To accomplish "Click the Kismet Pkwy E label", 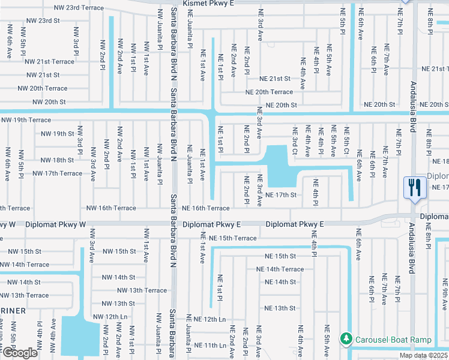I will pyautogui.click(x=201, y=4).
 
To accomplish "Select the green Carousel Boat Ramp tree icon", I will pyautogui.click(x=346, y=340).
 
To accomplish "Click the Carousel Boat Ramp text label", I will pyautogui.click(x=393, y=340).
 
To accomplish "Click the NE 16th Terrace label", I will pyautogui.click(x=210, y=208).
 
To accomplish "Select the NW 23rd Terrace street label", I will pyautogui.click(x=78, y=8).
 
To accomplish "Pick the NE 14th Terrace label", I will pyautogui.click(x=280, y=269).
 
